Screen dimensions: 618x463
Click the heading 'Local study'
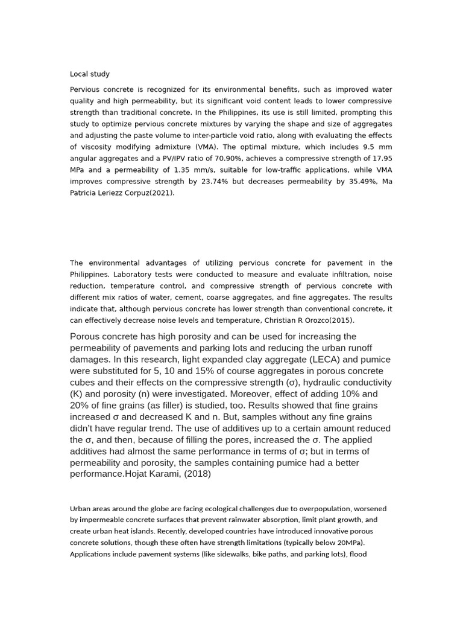tap(89, 74)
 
